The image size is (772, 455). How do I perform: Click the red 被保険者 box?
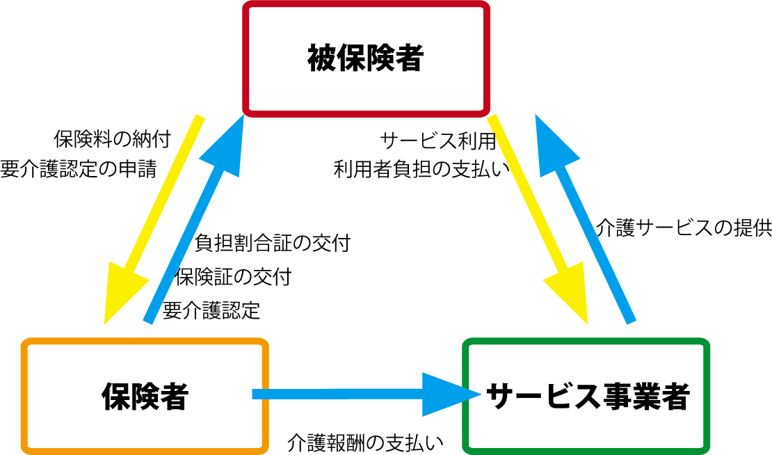click(x=367, y=4)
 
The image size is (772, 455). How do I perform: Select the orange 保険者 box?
click(x=145, y=341)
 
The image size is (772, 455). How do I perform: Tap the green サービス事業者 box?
click(x=586, y=341)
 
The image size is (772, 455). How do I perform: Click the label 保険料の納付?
click(x=112, y=139)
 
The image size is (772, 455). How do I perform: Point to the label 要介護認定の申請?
click(x=79, y=169)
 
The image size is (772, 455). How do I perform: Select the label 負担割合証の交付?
click(x=273, y=243)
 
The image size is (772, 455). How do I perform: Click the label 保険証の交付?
click(x=234, y=277)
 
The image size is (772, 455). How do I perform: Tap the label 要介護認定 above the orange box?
click(x=211, y=311)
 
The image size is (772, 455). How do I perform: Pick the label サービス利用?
click(x=438, y=141)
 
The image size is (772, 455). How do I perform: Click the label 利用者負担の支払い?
click(x=422, y=169)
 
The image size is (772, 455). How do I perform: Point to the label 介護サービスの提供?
click(x=684, y=228)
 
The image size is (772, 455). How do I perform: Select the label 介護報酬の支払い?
click(x=365, y=443)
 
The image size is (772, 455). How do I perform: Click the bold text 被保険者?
click(x=366, y=58)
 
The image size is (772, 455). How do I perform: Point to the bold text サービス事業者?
click(x=588, y=396)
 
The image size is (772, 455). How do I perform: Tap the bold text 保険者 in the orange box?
click(x=145, y=396)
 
